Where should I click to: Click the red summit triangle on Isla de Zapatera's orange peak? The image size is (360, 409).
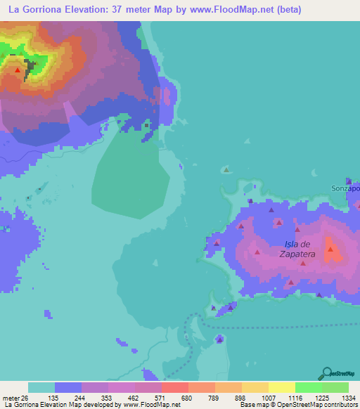coord(330,249)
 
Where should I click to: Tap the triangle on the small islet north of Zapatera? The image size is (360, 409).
coord(226,169)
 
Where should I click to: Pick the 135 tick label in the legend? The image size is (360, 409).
coord(67,398)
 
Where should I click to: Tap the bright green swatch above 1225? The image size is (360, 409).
coord(309,387)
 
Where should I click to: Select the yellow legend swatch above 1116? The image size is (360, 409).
coord(282,387)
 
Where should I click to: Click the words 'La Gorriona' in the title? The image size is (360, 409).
coord(34,8)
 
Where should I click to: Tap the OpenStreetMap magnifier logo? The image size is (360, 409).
coord(328,373)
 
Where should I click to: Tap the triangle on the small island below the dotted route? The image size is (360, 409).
coord(219,339)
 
